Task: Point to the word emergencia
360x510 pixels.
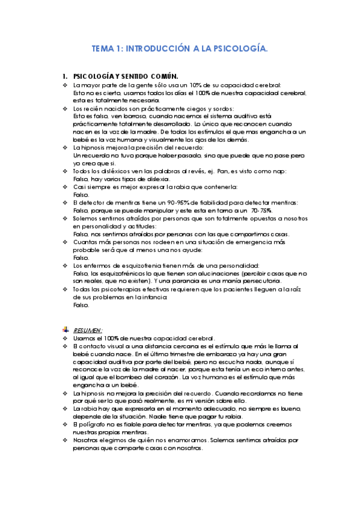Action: point(226,242)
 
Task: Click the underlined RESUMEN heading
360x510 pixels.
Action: point(88,330)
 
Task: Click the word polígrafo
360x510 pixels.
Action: point(95,425)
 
